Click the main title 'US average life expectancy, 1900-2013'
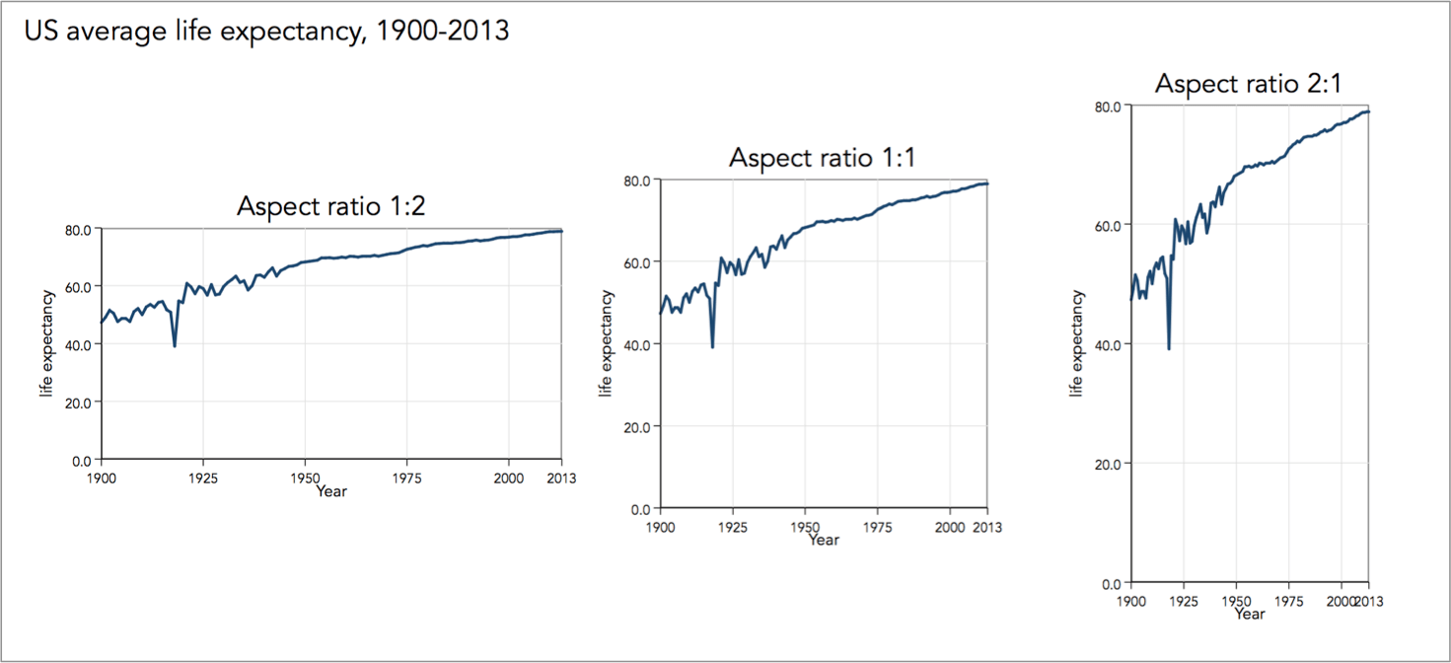pos(265,31)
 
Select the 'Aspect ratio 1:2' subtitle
pos(331,206)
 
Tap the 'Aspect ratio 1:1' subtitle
pos(823,158)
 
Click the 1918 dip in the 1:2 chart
pos(175,345)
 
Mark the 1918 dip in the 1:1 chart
pos(712,346)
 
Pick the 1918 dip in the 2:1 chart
pos(1169,348)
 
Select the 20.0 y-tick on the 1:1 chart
pos(637,426)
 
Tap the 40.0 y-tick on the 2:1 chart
pos(1109,344)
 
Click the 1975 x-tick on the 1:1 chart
pos(878,527)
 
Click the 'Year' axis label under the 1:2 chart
pos(331,490)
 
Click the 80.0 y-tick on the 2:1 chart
pos(1109,106)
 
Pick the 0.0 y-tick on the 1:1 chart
pos(641,508)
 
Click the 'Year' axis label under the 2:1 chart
pos(1249,614)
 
